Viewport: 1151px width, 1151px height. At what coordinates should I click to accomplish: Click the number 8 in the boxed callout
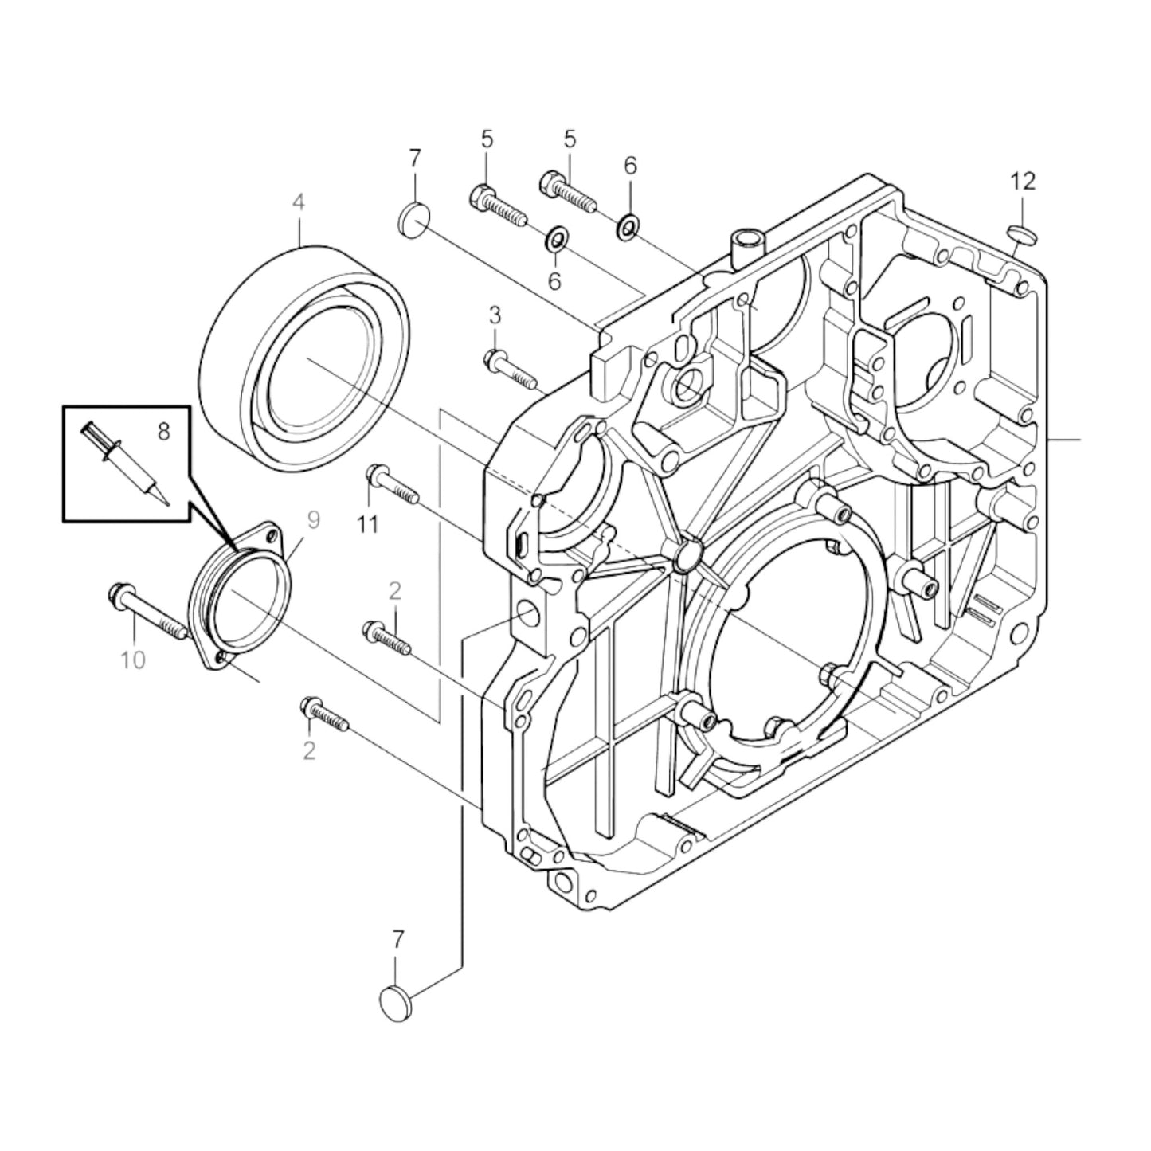(163, 432)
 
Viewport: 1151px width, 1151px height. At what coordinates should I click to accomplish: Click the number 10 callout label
(133, 660)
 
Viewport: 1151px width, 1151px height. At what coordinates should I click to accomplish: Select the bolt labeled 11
(392, 486)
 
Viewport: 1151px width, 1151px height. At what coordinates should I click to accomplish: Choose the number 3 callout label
(495, 315)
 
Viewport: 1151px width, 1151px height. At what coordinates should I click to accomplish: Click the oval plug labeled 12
(1023, 233)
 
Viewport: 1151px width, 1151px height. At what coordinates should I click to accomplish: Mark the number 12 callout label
(1023, 182)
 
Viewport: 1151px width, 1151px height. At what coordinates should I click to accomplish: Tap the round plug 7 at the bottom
(396, 1000)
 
